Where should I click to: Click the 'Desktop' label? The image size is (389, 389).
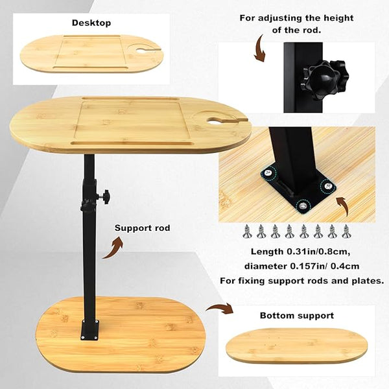coord(91,23)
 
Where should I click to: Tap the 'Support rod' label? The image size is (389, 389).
coord(142,228)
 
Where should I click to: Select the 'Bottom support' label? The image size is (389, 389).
coord(297,316)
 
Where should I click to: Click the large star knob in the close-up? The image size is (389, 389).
coord(325,79)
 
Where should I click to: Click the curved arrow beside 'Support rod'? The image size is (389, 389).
coord(113,247)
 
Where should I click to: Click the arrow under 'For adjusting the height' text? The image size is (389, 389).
coord(259,49)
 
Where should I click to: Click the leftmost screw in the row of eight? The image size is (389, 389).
coord(247,231)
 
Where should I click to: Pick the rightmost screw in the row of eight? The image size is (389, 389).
coord(346,231)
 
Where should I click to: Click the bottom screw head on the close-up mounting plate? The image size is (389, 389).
coord(302,206)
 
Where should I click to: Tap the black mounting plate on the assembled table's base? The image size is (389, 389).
coord(90,330)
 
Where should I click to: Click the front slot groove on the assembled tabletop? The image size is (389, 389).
coord(132,143)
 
